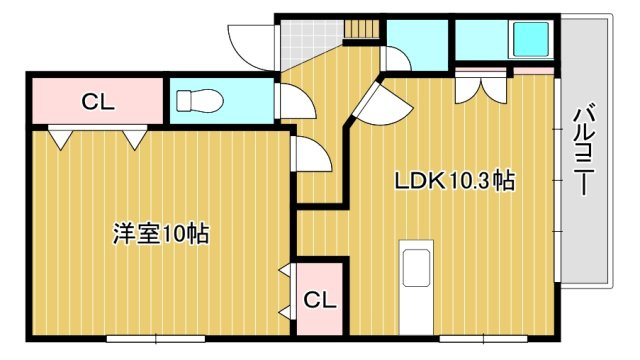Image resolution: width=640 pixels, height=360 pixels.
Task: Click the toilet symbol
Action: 200,101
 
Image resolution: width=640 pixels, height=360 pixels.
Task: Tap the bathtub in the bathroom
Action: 531,39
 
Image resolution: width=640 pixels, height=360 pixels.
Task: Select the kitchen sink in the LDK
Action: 416,267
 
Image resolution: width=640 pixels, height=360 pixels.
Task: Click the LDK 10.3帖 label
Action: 455,181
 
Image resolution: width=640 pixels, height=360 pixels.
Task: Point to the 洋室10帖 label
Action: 161,234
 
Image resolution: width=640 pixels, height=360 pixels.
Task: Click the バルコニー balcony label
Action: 584,150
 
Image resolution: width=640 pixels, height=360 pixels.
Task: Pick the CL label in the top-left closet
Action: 98,102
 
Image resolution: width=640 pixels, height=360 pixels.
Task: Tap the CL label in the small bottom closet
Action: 320,300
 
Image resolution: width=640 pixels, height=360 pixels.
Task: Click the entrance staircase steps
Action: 362,29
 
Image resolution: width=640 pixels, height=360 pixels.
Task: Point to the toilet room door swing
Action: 296,101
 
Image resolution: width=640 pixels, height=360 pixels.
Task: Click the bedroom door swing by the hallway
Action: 311,153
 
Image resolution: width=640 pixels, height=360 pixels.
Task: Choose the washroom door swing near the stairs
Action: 396,59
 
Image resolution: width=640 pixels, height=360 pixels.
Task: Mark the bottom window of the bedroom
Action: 156,338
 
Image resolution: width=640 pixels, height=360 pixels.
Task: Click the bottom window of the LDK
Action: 483,338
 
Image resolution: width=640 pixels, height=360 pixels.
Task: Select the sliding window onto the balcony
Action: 558,179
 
